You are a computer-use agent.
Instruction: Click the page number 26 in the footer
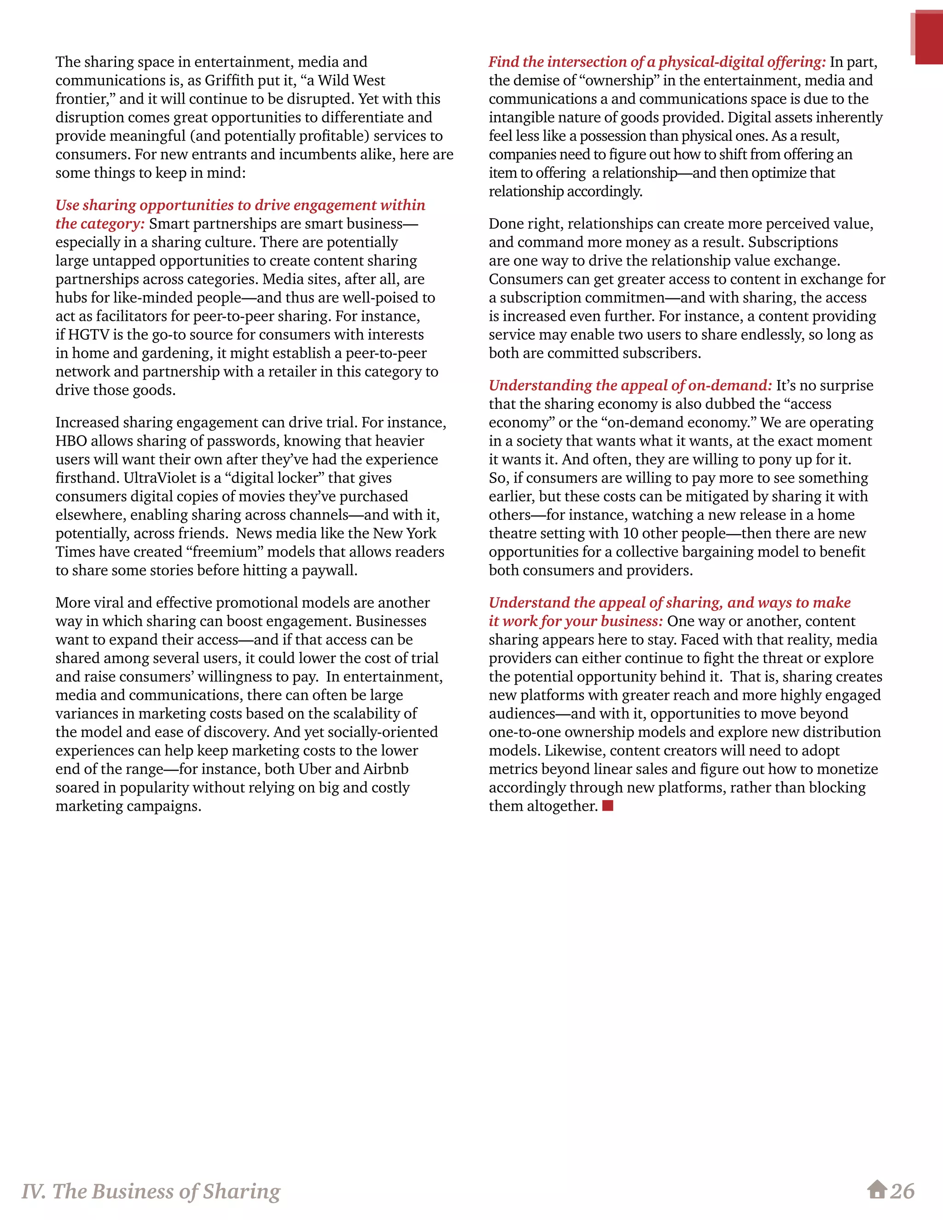coord(902,1191)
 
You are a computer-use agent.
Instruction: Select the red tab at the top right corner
coord(928,38)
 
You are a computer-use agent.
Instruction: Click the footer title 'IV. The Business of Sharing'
coord(151,1191)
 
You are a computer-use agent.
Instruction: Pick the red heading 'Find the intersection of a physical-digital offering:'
coord(657,62)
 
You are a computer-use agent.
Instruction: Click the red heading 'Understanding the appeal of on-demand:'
coord(630,385)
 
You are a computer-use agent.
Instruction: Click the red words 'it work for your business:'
coord(576,621)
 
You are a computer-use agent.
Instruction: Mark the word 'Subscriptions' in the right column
coord(793,243)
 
